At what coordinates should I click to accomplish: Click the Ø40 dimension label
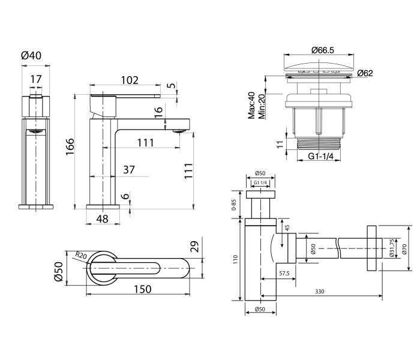(31, 55)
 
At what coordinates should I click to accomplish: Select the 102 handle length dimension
(129, 80)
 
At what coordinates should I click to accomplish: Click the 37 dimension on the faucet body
(128, 170)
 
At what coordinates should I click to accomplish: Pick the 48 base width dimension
(102, 219)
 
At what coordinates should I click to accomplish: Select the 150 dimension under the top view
(142, 289)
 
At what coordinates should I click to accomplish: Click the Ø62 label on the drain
(365, 73)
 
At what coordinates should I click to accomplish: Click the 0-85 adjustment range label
(234, 206)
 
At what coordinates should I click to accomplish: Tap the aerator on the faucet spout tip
(178, 130)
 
